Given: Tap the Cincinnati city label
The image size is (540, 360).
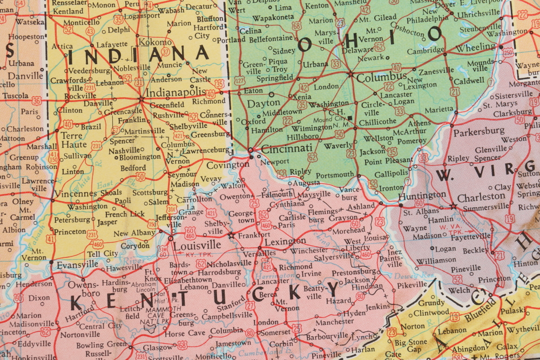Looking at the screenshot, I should tap(286, 148).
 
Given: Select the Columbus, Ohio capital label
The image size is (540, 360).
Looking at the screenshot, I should tap(381, 77).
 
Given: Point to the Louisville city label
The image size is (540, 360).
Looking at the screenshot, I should tap(198, 244).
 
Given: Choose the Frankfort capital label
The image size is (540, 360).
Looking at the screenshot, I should tap(254, 235).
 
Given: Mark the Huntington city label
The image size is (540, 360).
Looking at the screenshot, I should tap(422, 195).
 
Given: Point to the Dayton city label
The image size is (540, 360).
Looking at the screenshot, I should tap(264, 103).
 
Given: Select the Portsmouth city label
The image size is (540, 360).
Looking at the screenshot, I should tap(335, 175).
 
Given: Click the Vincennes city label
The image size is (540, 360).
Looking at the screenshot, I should tap(76, 193).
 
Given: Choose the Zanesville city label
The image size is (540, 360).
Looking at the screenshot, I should tap(436, 71).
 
